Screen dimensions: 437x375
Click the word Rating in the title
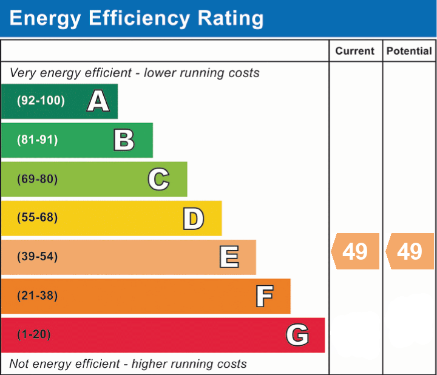(231, 18)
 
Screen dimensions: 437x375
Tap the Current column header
(355, 51)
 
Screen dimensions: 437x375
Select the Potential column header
(409, 51)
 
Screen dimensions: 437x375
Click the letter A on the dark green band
(98, 101)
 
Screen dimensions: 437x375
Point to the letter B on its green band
(124, 140)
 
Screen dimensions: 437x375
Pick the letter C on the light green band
(158, 179)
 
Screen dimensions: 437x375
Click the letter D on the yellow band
(194, 218)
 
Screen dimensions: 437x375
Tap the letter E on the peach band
(229, 257)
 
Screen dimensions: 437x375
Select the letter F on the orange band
(265, 296)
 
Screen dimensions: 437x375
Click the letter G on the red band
(297, 335)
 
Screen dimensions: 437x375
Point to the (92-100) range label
(41, 101)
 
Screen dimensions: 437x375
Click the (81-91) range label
(38, 140)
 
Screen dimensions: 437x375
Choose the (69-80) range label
(38, 179)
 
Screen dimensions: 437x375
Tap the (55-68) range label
(38, 218)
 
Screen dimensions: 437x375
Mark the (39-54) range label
(38, 257)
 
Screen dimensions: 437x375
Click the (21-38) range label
(38, 296)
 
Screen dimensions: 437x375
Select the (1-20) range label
(34, 334)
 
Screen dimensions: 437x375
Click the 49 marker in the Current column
(355, 251)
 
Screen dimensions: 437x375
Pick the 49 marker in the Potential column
(410, 251)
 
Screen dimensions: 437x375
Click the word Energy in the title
(45, 19)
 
